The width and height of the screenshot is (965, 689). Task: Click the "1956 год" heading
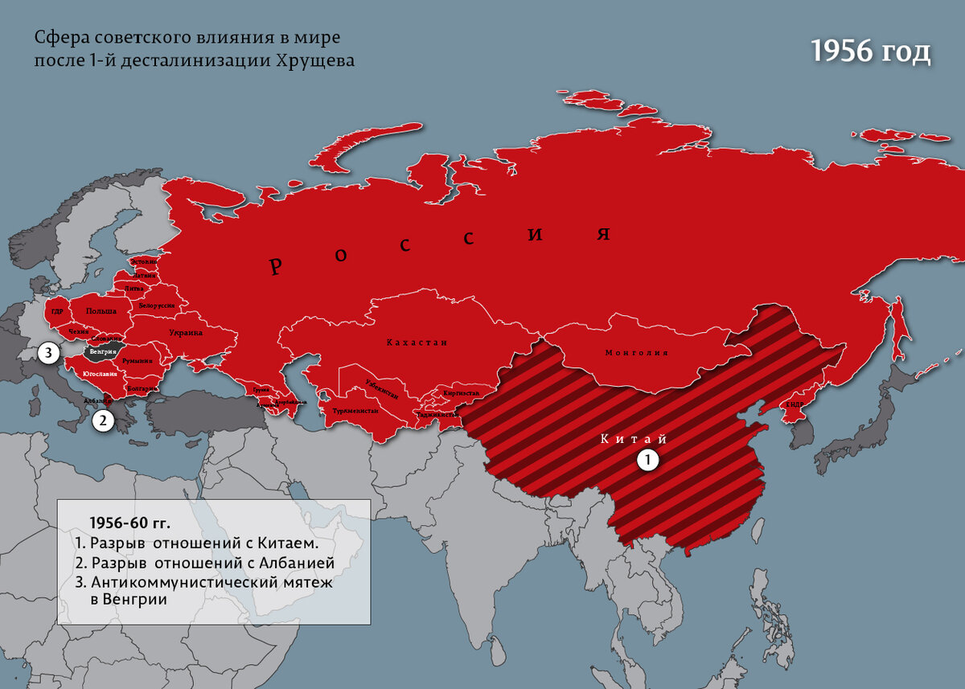(869, 51)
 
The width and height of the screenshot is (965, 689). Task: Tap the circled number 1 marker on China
(647, 459)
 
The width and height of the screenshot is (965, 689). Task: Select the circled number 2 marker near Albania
(101, 420)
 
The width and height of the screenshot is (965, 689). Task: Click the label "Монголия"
(636, 352)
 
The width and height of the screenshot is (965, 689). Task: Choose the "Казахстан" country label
(417, 342)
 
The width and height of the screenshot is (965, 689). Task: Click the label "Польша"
(101, 311)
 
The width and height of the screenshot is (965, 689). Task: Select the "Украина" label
(186, 332)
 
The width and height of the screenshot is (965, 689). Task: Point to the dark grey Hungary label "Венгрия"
(104, 352)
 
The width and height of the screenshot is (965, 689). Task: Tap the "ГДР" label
(57, 311)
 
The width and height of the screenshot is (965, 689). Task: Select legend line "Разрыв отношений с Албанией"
(212, 563)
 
